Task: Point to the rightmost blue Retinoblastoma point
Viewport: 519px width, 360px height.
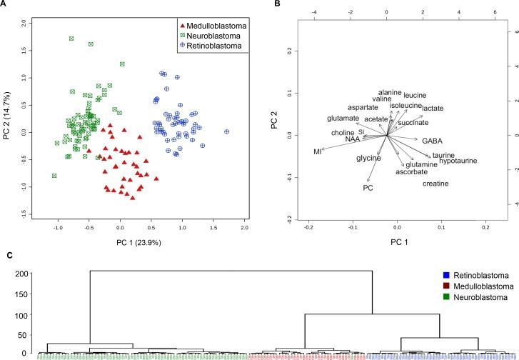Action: pos(227,131)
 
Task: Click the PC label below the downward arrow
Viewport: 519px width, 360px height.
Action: pos(368,188)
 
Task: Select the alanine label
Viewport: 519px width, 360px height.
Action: pos(390,92)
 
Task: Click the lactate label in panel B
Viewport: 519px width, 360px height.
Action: pos(433,108)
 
